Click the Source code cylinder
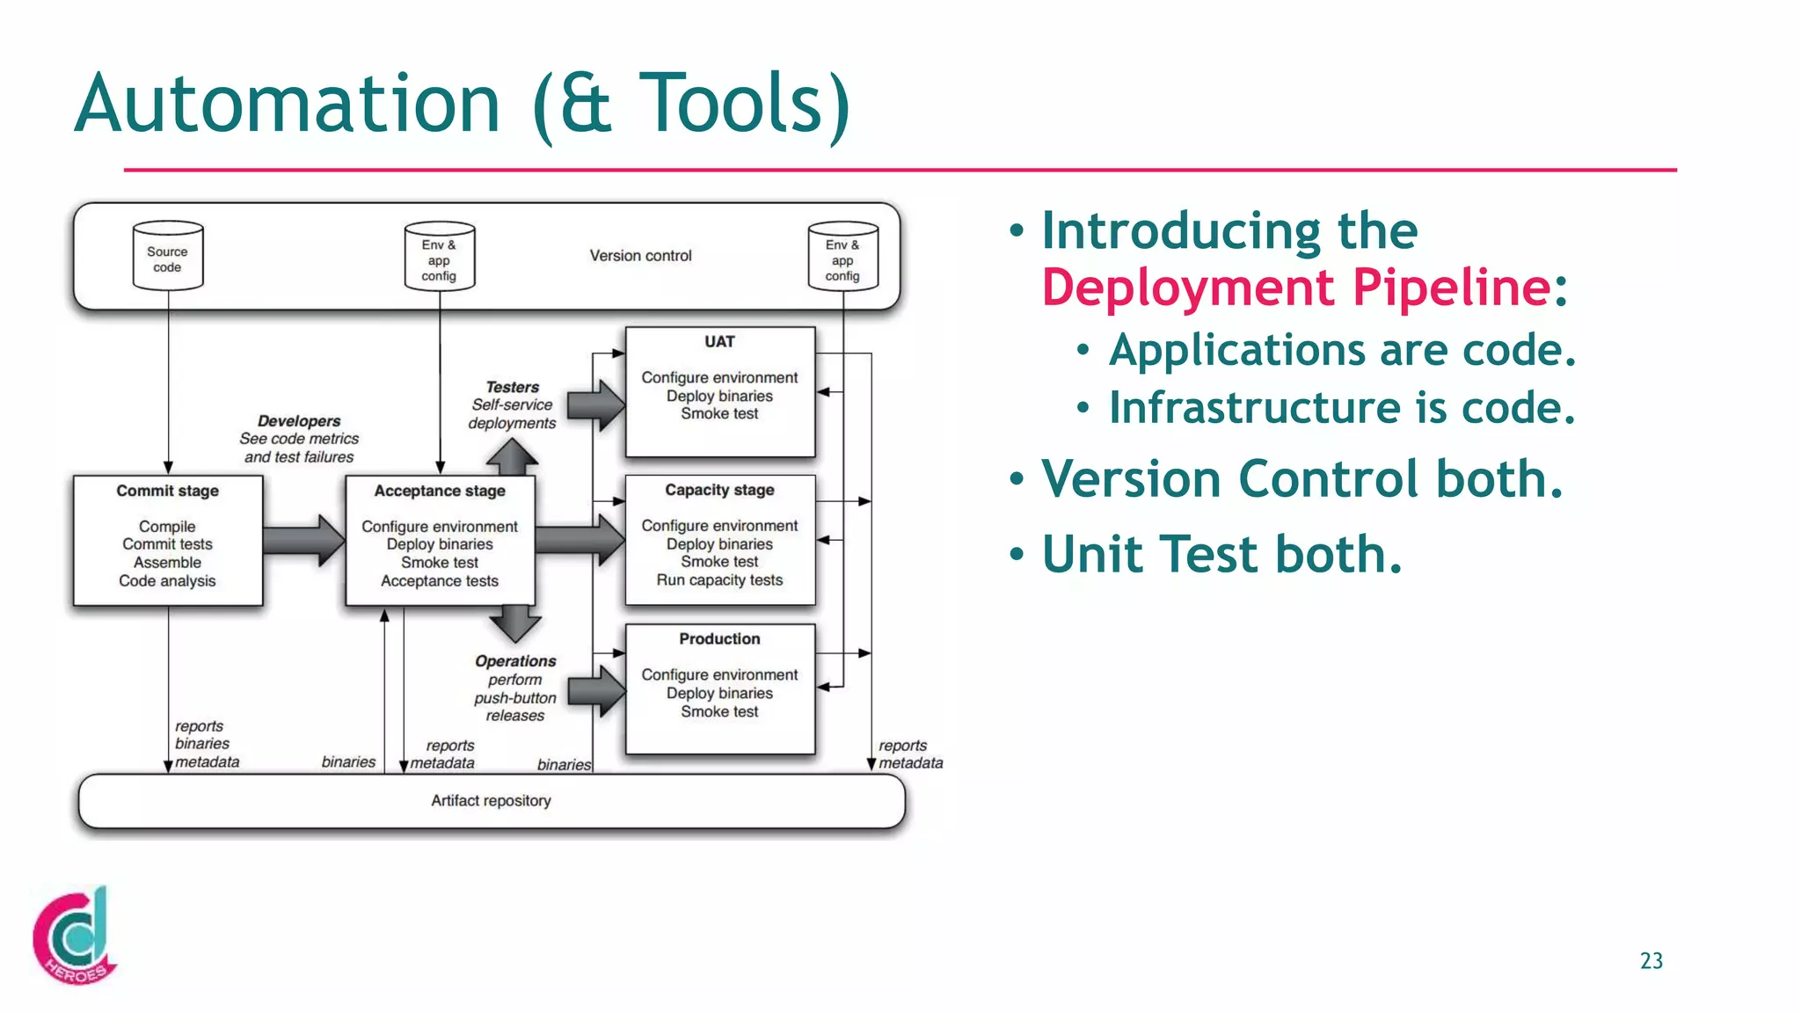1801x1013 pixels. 167,258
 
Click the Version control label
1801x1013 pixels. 640,256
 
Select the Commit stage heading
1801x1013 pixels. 167,491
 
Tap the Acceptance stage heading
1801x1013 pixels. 440,491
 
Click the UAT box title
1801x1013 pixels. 719,342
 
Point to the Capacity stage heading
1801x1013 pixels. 719,490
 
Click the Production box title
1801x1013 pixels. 719,639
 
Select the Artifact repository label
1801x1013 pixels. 491,801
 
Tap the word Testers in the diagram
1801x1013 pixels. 513,387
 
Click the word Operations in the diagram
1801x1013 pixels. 515,661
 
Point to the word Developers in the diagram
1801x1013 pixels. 299,421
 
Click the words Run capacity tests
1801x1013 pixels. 719,580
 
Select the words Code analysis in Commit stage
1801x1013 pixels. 167,581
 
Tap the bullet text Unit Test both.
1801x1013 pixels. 1221,555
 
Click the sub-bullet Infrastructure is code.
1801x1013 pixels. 1341,408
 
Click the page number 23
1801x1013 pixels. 1651,961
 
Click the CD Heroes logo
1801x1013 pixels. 75,936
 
